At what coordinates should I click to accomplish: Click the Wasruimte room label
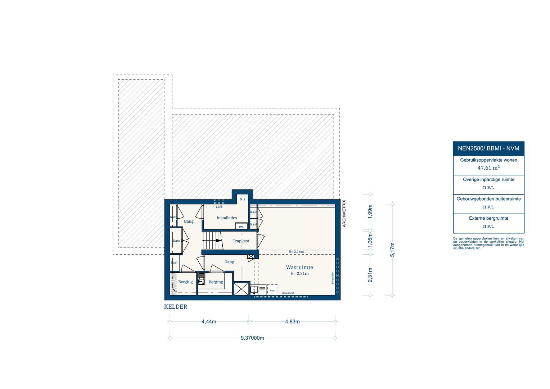[x=299, y=267]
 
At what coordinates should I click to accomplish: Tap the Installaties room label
[x=227, y=218]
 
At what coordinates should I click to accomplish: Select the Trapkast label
[x=240, y=241]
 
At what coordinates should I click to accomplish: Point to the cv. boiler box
[x=242, y=227]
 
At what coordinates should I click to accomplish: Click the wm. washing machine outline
[x=272, y=290]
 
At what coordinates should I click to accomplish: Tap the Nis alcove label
[x=242, y=199]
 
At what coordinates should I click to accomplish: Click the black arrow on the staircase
[x=218, y=241]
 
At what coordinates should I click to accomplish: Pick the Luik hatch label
[x=219, y=207]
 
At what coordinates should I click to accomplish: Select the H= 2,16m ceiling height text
[x=296, y=252]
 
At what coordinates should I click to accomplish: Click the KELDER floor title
[x=176, y=307]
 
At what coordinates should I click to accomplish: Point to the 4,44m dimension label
[x=209, y=322]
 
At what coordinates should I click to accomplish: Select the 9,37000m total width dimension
[x=252, y=338]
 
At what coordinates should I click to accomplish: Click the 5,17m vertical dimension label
[x=392, y=250]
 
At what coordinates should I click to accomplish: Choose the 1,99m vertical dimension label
[x=370, y=211]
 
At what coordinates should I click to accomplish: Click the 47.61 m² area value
[x=488, y=168]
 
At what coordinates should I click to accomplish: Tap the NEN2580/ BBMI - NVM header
[x=488, y=148]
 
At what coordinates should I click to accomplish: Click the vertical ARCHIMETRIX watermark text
[x=344, y=213]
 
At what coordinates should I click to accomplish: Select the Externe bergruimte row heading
[x=488, y=218]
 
